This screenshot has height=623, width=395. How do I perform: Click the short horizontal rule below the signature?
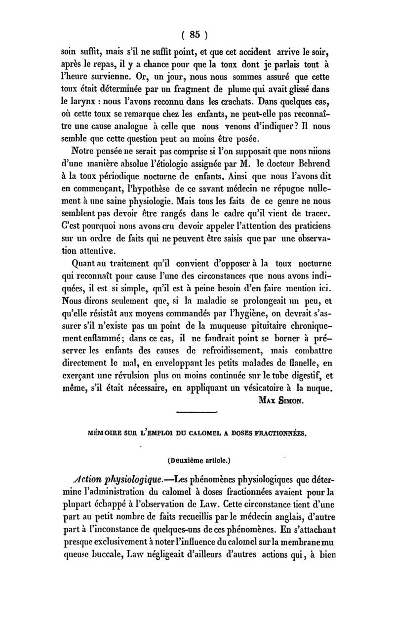click(x=197, y=411)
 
